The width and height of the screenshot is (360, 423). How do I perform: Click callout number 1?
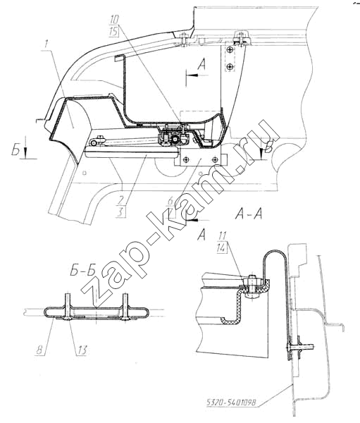click(x=46, y=44)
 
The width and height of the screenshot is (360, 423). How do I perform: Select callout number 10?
click(x=114, y=20)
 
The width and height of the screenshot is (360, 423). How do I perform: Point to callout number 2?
click(x=120, y=200)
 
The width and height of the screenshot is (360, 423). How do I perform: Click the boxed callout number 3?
click(x=120, y=212)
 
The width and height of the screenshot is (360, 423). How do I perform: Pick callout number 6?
click(x=170, y=201)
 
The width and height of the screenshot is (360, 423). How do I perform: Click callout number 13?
click(x=82, y=350)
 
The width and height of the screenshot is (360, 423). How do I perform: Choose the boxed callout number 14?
click(x=222, y=248)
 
